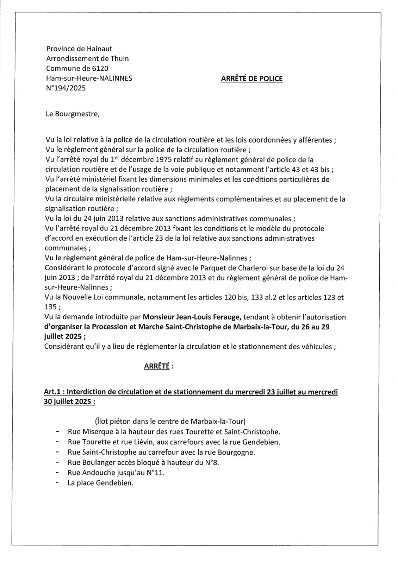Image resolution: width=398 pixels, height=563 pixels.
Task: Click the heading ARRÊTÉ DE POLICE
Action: point(251,79)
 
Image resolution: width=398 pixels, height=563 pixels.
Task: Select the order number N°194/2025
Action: point(66,88)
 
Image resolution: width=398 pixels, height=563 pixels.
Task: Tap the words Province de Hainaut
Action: point(79,49)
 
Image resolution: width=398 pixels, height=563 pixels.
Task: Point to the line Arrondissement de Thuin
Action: point(87,58)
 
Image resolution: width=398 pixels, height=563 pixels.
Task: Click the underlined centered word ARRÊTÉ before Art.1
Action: point(157,366)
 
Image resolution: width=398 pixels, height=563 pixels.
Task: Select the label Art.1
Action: point(53,392)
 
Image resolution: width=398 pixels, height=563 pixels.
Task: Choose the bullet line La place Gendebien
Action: point(100,483)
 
